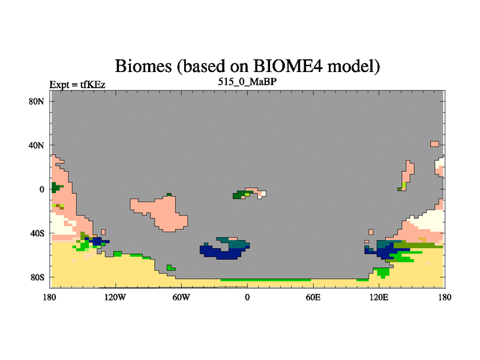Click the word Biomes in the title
click(143, 66)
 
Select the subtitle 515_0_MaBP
click(247, 82)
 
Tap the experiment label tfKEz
click(93, 85)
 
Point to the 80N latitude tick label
click(37, 101)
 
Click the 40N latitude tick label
click(37, 145)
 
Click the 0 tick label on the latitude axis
click(41, 190)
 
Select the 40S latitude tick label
click(37, 233)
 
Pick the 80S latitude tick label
click(37, 277)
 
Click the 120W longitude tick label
click(115, 297)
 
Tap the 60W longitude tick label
click(181, 297)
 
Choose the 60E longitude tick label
click(313, 297)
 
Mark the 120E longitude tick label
click(379, 297)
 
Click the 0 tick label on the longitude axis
click(247, 297)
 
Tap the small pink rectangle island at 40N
click(434, 144)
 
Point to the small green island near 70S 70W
click(170, 268)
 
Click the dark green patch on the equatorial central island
click(239, 195)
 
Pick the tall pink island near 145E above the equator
click(409, 173)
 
